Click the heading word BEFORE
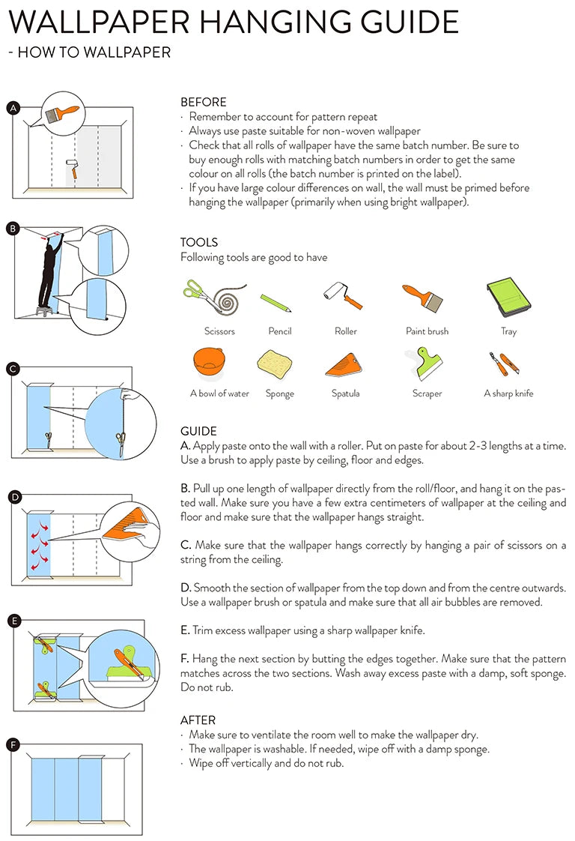(203, 102)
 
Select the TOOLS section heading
(199, 242)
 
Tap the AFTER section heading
(198, 720)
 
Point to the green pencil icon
(276, 303)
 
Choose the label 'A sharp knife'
(508, 394)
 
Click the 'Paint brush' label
(427, 331)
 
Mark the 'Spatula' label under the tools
(345, 394)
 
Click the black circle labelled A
(12, 108)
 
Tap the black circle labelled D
(12, 496)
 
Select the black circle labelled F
(12, 744)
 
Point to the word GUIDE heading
(198, 431)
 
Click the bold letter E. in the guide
(185, 631)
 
